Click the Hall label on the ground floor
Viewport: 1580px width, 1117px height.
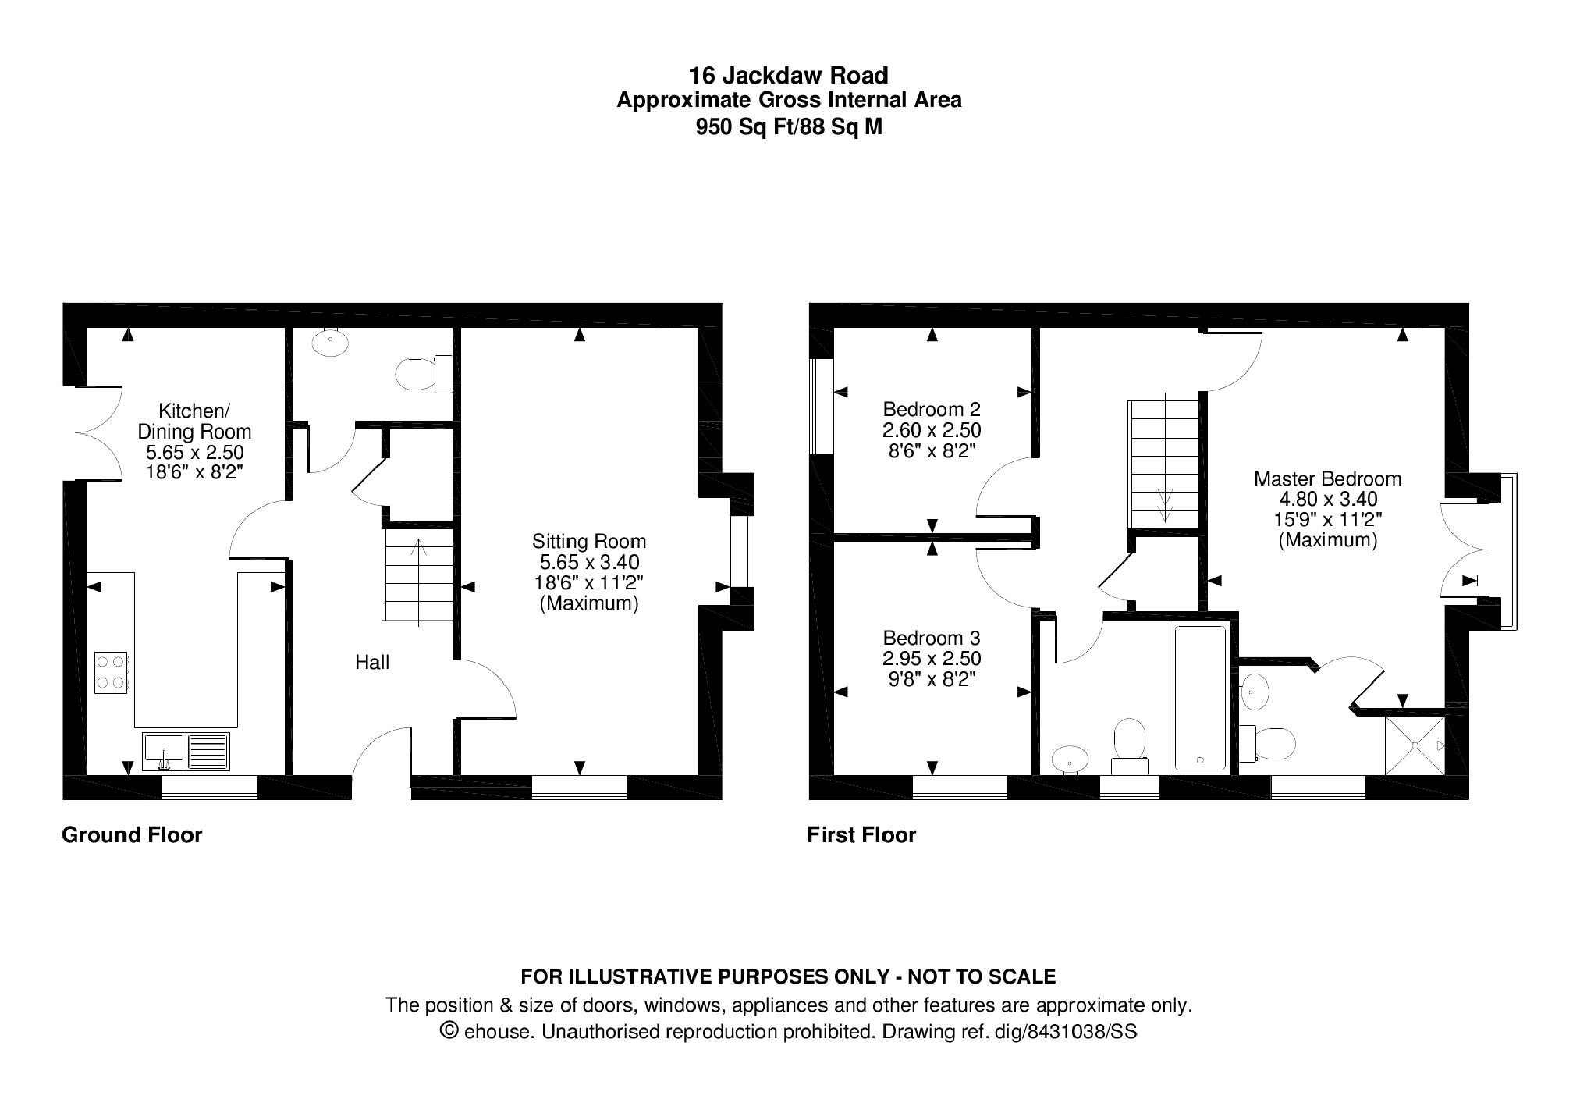(x=372, y=663)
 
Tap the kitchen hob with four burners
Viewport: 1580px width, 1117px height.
(x=112, y=672)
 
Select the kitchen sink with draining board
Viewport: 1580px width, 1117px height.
(x=186, y=751)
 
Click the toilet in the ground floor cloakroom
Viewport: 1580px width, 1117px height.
(x=424, y=374)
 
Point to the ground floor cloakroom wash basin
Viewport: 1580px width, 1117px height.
(x=330, y=342)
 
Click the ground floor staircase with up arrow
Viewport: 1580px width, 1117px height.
(x=417, y=576)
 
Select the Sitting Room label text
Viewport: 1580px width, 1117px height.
(x=589, y=541)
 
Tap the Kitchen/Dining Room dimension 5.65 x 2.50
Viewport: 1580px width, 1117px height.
(x=194, y=452)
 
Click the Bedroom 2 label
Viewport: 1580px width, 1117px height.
(x=932, y=409)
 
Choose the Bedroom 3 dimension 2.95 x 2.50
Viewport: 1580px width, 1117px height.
(x=932, y=658)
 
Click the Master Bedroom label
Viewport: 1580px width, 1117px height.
(x=1327, y=478)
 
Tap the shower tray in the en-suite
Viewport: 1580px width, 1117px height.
(x=1415, y=745)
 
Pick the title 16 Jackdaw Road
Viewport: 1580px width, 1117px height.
(x=788, y=76)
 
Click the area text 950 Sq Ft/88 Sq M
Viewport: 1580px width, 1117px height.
(x=789, y=126)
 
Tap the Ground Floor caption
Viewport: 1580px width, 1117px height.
(x=132, y=835)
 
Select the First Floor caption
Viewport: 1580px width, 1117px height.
(x=861, y=835)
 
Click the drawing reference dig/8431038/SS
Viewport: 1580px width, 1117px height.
(x=1065, y=1032)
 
